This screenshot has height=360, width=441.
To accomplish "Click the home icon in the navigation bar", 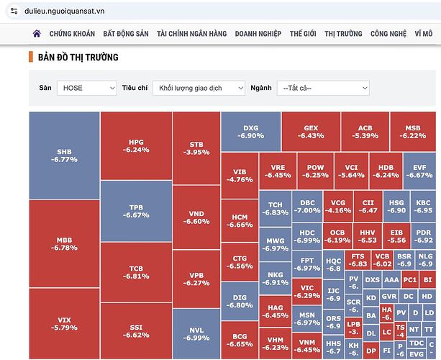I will (37, 34).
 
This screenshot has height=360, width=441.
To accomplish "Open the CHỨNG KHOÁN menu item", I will (72, 34).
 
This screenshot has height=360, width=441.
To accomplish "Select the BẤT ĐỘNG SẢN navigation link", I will (125, 34).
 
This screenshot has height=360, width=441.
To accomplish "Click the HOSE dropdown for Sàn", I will (86, 88).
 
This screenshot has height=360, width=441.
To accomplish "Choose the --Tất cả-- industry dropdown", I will (322, 88).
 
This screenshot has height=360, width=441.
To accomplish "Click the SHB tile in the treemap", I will (65, 155).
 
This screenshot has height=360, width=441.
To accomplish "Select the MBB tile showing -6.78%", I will (65, 243).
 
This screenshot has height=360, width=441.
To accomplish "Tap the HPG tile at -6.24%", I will (137, 145).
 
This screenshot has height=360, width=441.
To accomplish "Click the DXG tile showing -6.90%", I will (250, 131).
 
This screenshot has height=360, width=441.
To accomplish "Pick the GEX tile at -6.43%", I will (311, 131).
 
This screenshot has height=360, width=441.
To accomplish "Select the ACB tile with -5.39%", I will (365, 131).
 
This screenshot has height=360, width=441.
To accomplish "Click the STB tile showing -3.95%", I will (196, 148).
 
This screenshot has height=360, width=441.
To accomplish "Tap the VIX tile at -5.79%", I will (65, 323).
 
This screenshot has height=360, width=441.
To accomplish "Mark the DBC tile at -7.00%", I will (307, 207).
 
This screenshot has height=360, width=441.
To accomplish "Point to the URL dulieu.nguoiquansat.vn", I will (64, 12).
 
